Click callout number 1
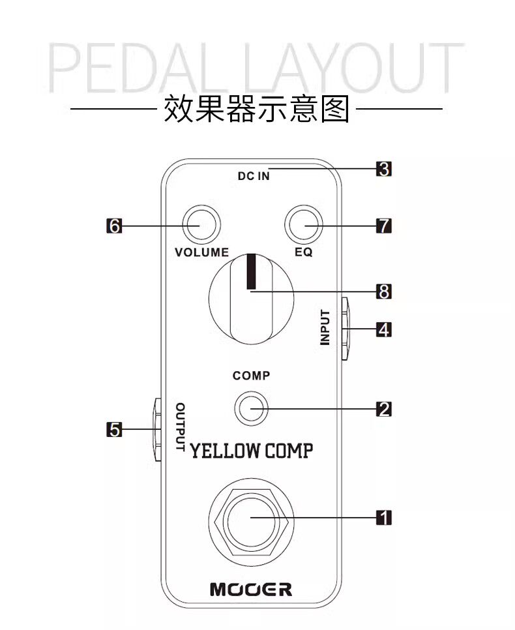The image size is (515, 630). (x=385, y=518)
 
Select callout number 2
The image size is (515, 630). (x=384, y=409)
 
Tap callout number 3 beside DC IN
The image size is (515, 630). (x=384, y=170)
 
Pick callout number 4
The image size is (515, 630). (x=384, y=330)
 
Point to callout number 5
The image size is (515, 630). (x=114, y=430)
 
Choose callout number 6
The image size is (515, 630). (x=114, y=226)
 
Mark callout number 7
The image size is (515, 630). (x=384, y=226)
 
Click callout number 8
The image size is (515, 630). (x=384, y=292)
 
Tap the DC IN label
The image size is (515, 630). (x=254, y=176)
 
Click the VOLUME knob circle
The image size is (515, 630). (x=201, y=226)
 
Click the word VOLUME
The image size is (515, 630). (x=202, y=252)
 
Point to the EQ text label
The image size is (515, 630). (x=304, y=252)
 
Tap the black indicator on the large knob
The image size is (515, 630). (x=251, y=271)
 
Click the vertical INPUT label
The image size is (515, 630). (x=325, y=327)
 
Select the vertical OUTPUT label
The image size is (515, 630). (x=181, y=427)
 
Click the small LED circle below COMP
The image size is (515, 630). (x=251, y=409)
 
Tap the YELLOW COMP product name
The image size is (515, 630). (x=251, y=450)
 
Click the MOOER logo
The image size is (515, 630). (x=251, y=590)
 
